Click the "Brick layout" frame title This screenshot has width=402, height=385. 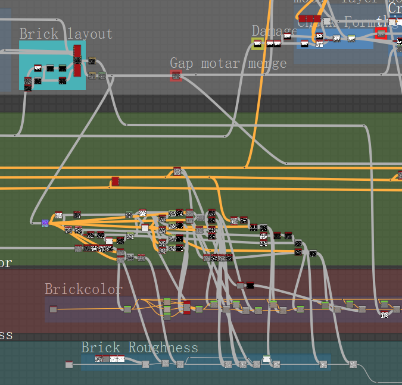[x=66, y=34]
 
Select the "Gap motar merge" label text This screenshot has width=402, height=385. [x=228, y=63]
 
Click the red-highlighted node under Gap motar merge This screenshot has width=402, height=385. [x=176, y=76]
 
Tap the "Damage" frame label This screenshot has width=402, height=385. [x=274, y=31]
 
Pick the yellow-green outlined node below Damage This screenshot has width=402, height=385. [x=257, y=43]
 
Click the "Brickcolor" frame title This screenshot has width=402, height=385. [x=83, y=289]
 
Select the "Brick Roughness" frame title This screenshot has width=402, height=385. [x=139, y=348]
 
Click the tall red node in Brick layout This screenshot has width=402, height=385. [x=77, y=60]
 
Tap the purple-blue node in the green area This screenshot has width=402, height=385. [x=45, y=223]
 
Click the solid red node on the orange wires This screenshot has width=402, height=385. [x=115, y=181]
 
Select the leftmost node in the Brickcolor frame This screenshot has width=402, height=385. [x=53, y=309]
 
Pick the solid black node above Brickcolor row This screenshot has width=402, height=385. [x=250, y=286]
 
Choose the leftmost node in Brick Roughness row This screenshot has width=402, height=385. [x=68, y=364]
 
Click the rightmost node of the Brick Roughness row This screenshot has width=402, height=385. [x=353, y=364]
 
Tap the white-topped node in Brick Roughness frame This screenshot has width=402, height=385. [x=267, y=359]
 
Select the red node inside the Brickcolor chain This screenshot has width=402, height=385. [x=186, y=307]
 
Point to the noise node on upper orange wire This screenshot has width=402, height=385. [x=177, y=171]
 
